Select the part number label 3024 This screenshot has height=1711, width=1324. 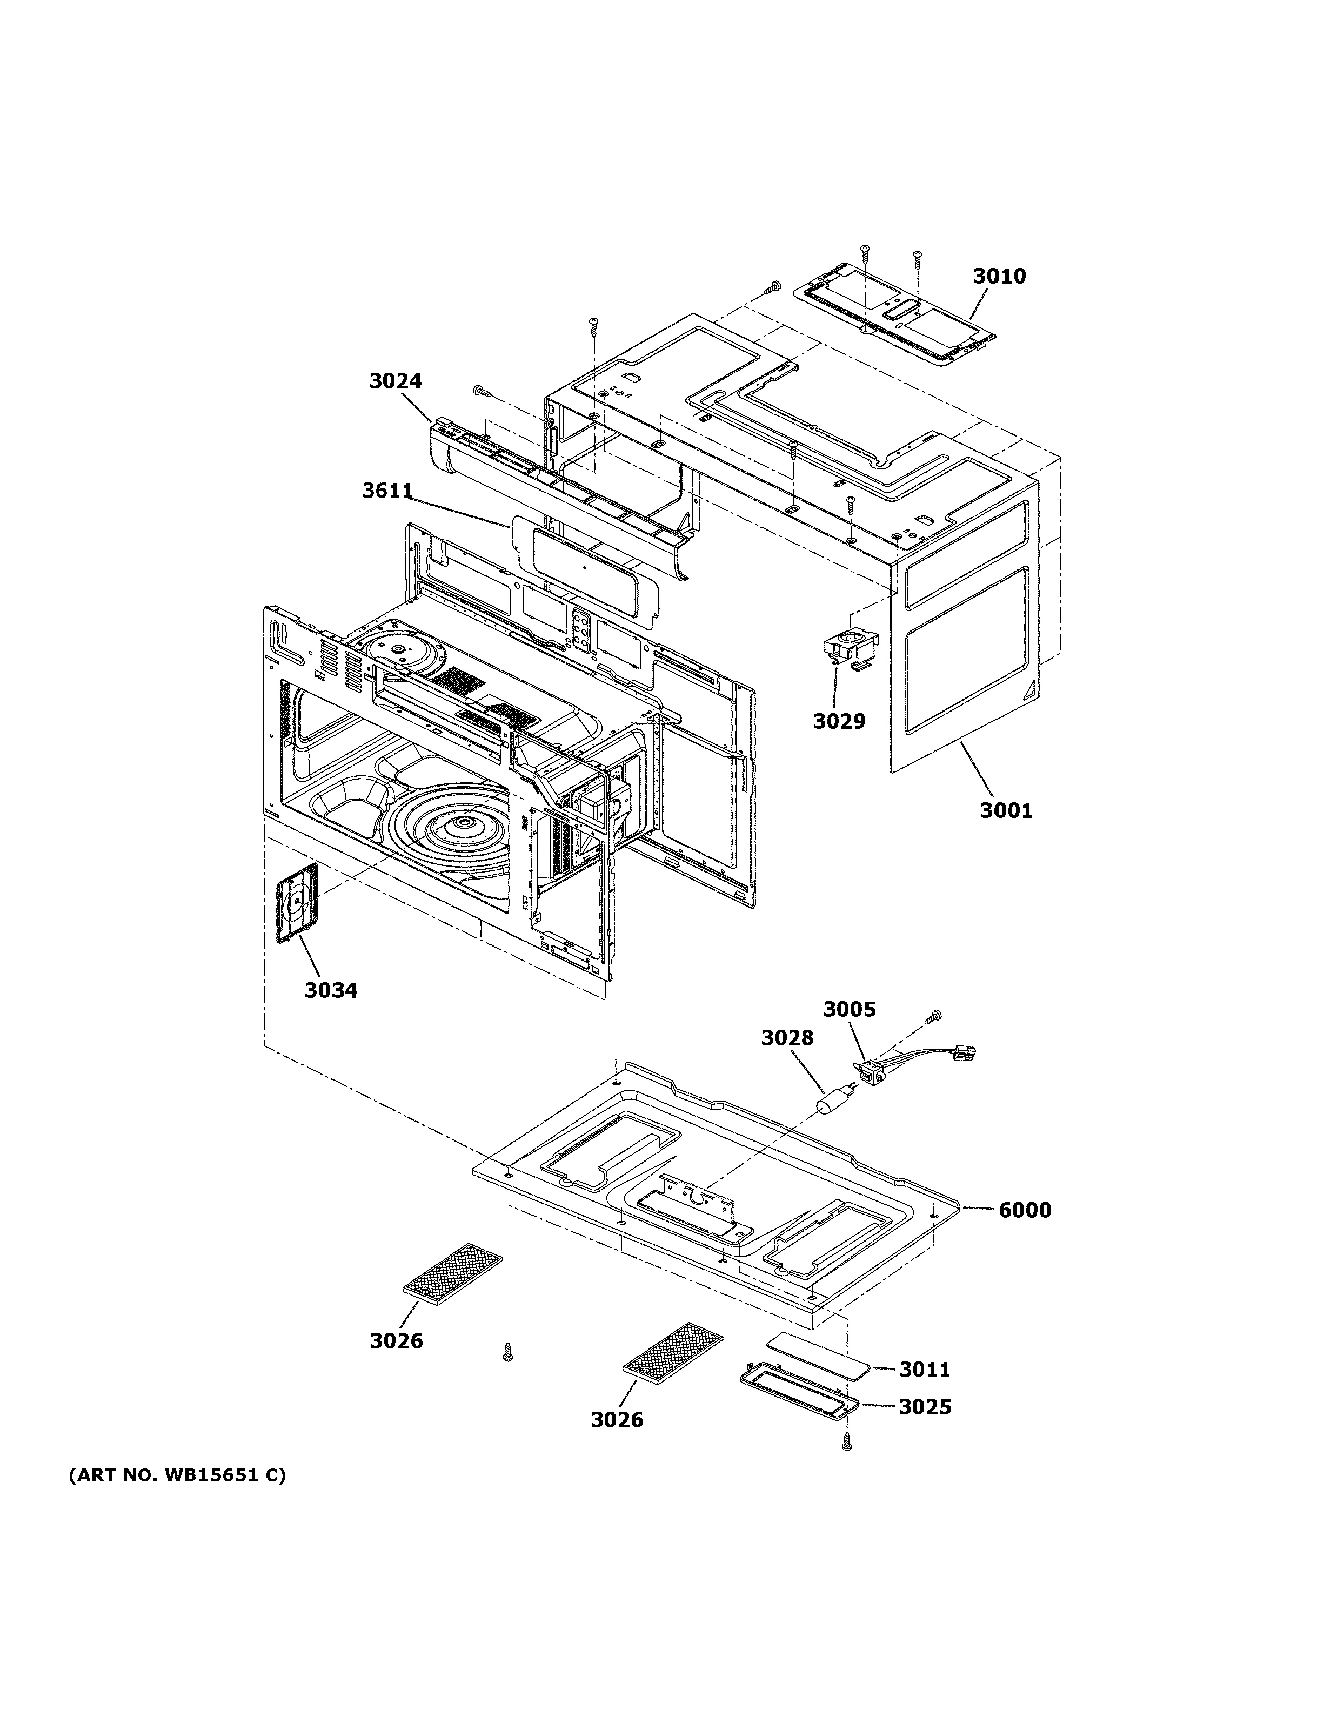tap(395, 381)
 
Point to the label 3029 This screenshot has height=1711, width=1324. tap(838, 721)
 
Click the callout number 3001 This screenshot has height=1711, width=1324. tap(1006, 810)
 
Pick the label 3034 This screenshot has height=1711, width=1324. tap(331, 990)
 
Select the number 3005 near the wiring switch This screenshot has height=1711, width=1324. tap(849, 1009)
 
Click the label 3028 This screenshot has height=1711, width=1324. tap(787, 1037)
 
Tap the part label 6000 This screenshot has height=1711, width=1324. tap(1025, 1210)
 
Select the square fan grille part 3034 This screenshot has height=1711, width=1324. tap(297, 902)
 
